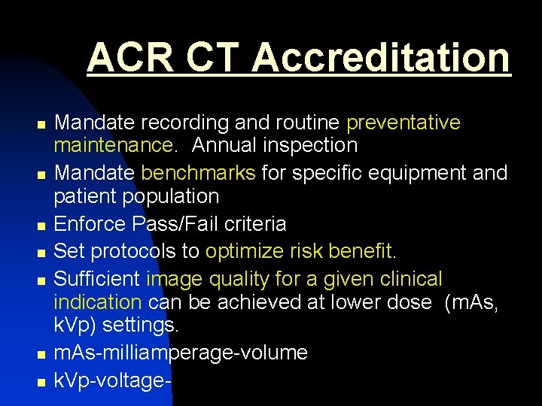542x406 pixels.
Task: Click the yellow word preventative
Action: pos(403,122)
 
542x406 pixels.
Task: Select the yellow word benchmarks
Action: pos(198,173)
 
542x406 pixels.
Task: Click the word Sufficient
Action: pos(98,279)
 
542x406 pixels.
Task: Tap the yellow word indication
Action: pos(98,302)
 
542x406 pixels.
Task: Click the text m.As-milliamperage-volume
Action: pos(181,353)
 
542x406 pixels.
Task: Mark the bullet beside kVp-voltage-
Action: pos(41,381)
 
